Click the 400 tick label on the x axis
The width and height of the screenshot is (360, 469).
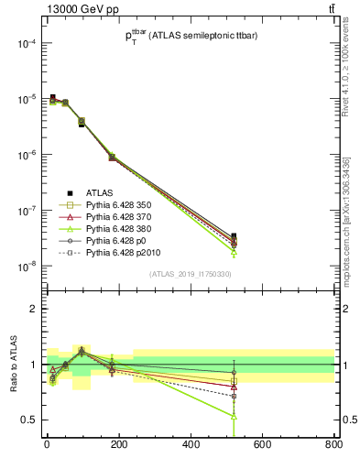pyautogui.click(x=191, y=445)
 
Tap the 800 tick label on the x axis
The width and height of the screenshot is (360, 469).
pyautogui.click(x=333, y=445)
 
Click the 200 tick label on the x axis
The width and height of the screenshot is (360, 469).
pyautogui.click(x=118, y=445)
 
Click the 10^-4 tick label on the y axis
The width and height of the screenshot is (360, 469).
pyautogui.click(x=26, y=44)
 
